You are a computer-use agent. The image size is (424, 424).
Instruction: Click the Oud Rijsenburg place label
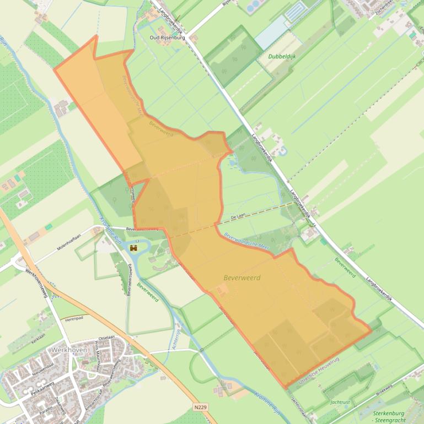coord(168,37)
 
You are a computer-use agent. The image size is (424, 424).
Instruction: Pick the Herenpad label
coord(73,319)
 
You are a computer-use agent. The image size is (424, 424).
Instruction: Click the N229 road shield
coord(201,407)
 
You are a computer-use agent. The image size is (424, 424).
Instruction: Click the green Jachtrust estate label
coord(340,403)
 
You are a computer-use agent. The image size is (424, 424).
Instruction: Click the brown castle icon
coord(133,249)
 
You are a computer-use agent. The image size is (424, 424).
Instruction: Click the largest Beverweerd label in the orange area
coord(242,278)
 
